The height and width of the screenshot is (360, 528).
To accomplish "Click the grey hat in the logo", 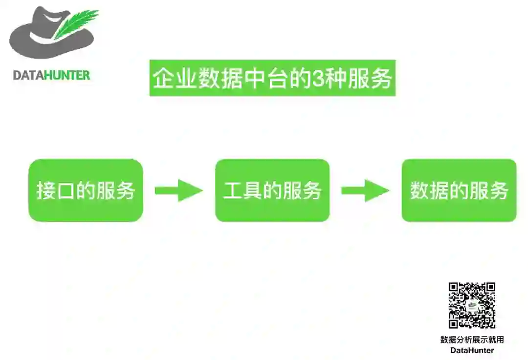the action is (39, 39).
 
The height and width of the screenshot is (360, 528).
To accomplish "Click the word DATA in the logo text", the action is (28, 75).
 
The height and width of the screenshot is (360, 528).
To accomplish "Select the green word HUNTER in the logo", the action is (67, 75).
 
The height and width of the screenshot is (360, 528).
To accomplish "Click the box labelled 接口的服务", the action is (86, 191).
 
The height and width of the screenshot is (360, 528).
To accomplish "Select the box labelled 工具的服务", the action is (272, 191).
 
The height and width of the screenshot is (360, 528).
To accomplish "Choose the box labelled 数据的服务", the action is (459, 191).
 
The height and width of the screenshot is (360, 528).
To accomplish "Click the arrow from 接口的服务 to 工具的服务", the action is (179, 191).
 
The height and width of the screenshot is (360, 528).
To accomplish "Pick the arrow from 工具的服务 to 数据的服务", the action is (365, 191).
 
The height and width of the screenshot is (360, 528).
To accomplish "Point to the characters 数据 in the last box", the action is (429, 191).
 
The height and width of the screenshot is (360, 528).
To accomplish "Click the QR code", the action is (472, 305).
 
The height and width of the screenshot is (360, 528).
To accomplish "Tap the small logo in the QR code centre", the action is (472, 306).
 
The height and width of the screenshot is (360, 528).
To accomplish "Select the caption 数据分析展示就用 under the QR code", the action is (472, 340).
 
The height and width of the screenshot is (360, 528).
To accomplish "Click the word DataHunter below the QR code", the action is (472, 350).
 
